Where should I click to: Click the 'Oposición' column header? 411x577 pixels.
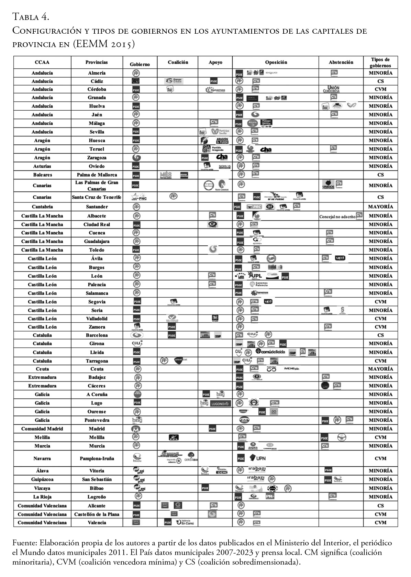pyautogui.click(x=276, y=62)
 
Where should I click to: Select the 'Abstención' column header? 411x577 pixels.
pyautogui.click(x=341, y=62)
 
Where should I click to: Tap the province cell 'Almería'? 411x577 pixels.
pyautogui.click(x=97, y=73)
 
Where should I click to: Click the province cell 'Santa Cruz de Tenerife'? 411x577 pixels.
pyautogui.click(x=97, y=197)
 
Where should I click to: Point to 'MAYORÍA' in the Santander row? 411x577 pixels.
pyautogui.click(x=380, y=207)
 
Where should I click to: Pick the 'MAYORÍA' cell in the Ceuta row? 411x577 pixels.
pyautogui.click(x=380, y=369)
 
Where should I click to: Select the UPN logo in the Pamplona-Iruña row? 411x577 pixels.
pyautogui.click(x=258, y=458)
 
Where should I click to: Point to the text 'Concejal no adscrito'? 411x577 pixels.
pyautogui.click(x=337, y=217)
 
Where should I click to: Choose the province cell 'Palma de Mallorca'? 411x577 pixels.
pyautogui.click(x=97, y=175)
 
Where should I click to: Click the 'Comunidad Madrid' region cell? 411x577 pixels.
pyautogui.click(x=42, y=429)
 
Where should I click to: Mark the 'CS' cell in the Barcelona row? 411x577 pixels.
pyautogui.click(x=380, y=335)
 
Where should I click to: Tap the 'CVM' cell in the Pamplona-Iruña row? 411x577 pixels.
pyautogui.click(x=380, y=458)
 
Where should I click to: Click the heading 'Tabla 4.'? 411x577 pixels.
pyautogui.click(x=31, y=16)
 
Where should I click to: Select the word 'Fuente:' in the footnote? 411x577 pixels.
pyautogui.click(x=24, y=543)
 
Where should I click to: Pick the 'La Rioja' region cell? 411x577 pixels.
pyautogui.click(x=42, y=497)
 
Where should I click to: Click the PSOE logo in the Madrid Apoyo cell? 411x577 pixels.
pyautogui.click(x=213, y=429)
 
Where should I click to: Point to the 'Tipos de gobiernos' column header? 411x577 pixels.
pyautogui.click(x=380, y=62)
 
